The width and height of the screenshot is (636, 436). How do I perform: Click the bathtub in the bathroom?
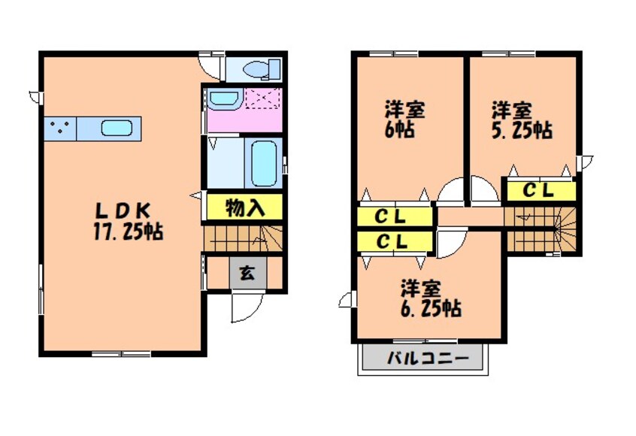[x=264, y=162]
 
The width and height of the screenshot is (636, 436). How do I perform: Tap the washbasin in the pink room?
[x=222, y=98]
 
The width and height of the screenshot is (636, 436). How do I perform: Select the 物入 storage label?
[x=244, y=207]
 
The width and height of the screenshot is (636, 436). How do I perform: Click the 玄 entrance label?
[x=246, y=273]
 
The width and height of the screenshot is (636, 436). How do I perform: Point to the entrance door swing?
[x=245, y=307]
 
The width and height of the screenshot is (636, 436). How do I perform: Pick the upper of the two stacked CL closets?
[x=394, y=217]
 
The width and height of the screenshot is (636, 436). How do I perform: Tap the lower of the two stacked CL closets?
[x=394, y=242]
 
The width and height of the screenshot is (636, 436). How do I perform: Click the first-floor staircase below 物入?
[x=242, y=238]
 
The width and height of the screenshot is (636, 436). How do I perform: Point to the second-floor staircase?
[x=540, y=229]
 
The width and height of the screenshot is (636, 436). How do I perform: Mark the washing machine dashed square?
[x=262, y=99]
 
